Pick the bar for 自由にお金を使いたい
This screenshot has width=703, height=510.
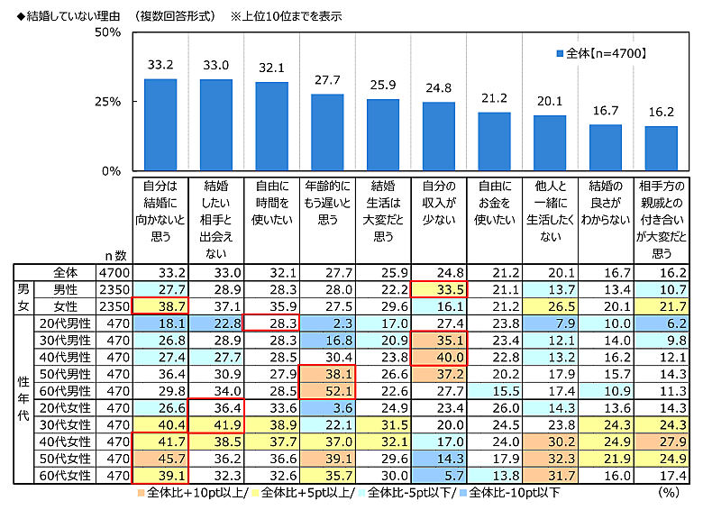coord(494,141)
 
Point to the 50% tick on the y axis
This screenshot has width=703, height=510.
coord(107,32)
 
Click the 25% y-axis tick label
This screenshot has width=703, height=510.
coord(107,102)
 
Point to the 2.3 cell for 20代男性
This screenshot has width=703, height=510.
coord(326,323)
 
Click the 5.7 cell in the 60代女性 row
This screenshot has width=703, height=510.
coord(438,476)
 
